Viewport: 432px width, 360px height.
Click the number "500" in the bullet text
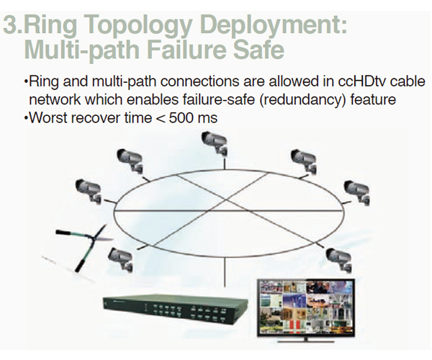(181, 118)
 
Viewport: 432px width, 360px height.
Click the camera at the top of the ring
(215, 143)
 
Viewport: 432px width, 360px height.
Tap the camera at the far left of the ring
(89, 190)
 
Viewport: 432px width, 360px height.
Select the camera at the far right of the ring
(357, 192)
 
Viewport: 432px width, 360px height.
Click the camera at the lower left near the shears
(121, 259)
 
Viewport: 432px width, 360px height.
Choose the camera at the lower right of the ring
(338, 260)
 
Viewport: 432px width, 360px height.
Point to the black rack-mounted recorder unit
(175, 310)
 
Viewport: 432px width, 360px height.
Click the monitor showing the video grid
(306, 308)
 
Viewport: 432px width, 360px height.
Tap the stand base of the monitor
(305, 341)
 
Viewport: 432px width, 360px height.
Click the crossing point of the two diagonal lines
(226, 199)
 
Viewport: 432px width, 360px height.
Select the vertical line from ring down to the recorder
(225, 272)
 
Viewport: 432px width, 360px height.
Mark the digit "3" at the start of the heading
(11, 25)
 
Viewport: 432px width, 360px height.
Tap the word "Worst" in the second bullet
(48, 118)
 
